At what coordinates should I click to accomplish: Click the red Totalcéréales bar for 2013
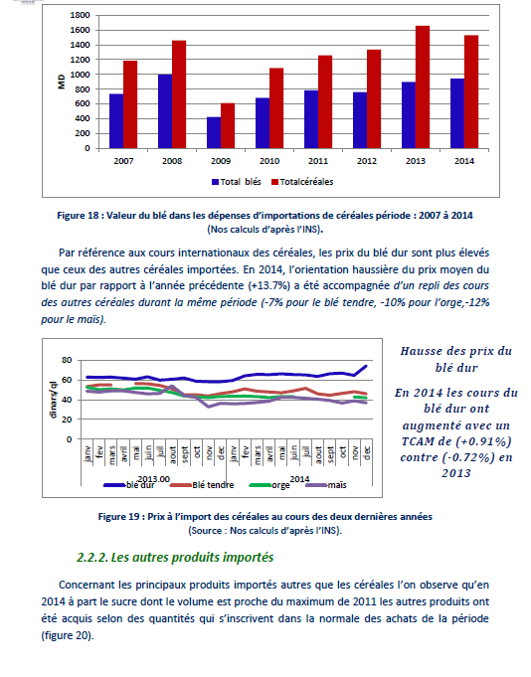pos(423,87)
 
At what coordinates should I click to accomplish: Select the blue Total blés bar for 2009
pos(214,132)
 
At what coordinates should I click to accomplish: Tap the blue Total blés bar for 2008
pos(165,111)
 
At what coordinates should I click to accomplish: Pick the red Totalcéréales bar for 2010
pos(276,108)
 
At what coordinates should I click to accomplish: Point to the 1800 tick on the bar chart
pos(80,15)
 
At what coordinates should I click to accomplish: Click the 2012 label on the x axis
pos(367,161)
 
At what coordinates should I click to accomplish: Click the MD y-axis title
pos(62,82)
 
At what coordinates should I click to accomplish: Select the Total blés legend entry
pos(237,182)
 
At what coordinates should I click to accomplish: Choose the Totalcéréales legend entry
pos(302,182)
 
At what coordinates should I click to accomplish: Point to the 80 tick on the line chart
pos(67,360)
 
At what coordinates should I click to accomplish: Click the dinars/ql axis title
pos(53,400)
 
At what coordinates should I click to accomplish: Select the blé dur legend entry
pos(129,485)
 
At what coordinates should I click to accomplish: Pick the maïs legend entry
pos(326,485)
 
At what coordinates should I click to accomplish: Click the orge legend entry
pos(269,485)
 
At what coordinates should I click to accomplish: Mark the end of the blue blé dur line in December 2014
pos(366,366)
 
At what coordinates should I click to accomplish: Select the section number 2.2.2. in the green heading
pos(91,558)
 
